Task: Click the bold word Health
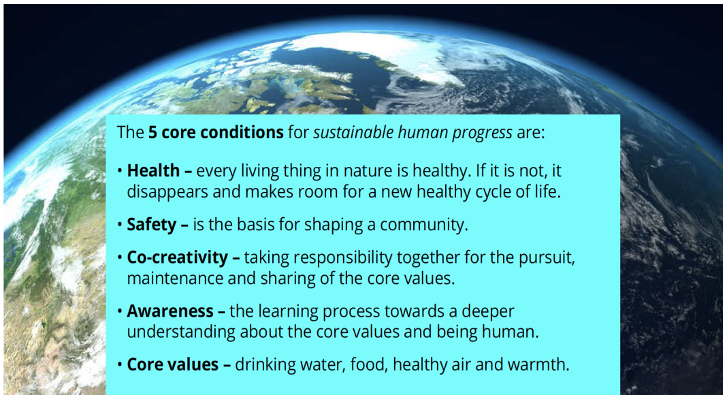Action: [x=153, y=171]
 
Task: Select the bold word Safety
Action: [x=152, y=225]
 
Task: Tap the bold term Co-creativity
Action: [x=177, y=257]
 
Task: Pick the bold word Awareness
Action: [x=169, y=311]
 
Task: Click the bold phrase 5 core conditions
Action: [x=216, y=133]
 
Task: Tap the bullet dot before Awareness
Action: [x=120, y=311]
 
